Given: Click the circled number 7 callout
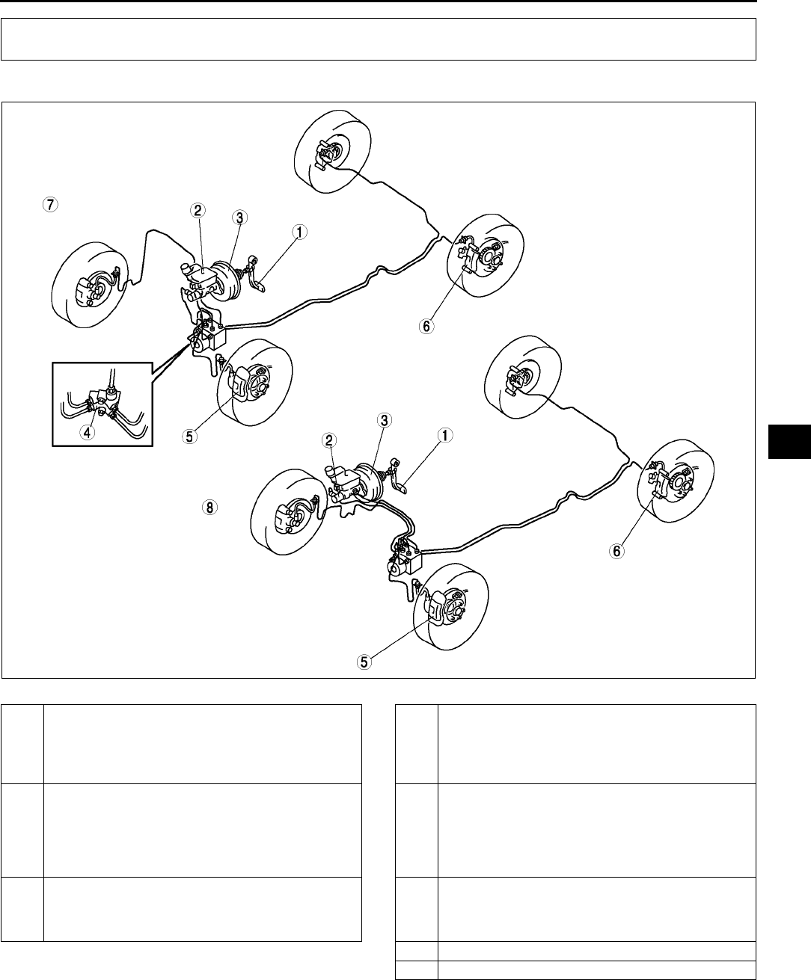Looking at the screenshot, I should pos(49,203).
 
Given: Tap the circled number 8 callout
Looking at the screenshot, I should pos(209,508).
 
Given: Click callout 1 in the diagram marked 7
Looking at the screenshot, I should pos(299,232).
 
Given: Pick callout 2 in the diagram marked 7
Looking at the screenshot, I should pos(200,212).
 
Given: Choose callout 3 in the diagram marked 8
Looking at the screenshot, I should pos(383,421).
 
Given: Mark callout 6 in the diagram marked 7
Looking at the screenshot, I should pos(426,327).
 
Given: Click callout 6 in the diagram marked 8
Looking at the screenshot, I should pos(616,550).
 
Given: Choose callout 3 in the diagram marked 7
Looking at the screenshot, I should pos(239,218).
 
